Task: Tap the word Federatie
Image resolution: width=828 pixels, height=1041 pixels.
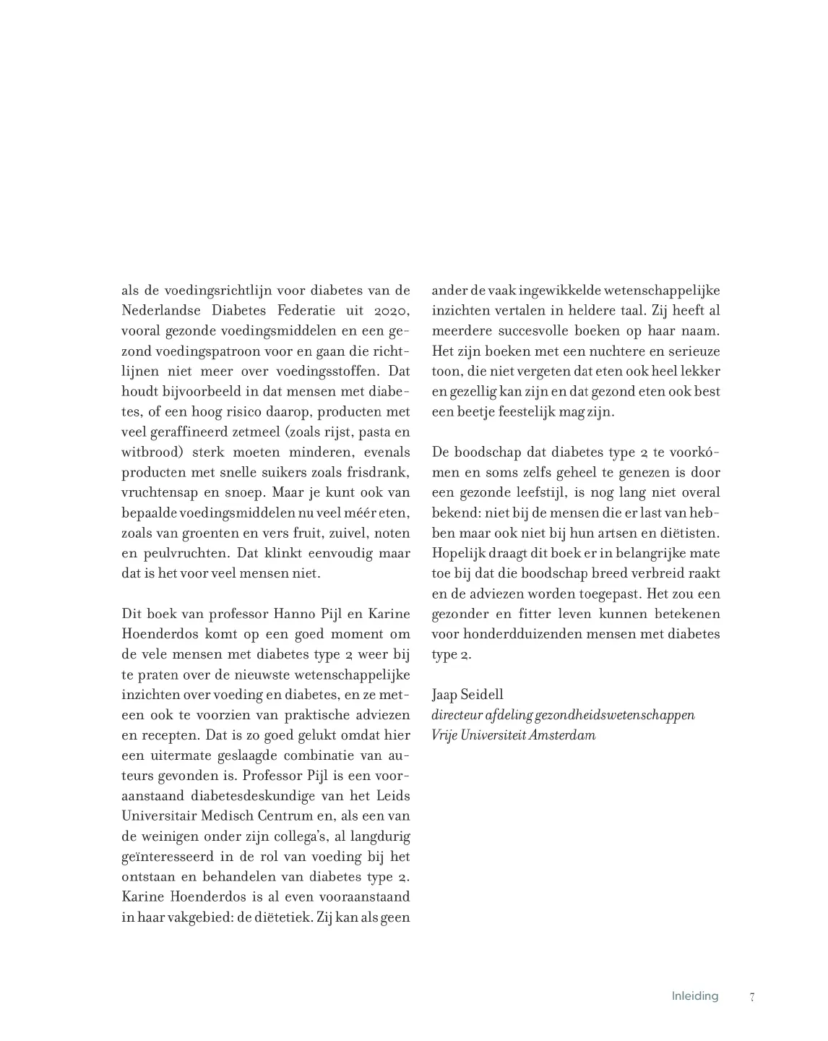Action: [304, 311]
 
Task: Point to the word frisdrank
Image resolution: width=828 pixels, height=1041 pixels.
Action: [381, 473]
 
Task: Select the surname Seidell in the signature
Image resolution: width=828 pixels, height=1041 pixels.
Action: [482, 695]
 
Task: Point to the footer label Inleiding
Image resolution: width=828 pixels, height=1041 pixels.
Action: [694, 996]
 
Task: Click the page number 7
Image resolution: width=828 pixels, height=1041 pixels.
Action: [752, 997]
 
